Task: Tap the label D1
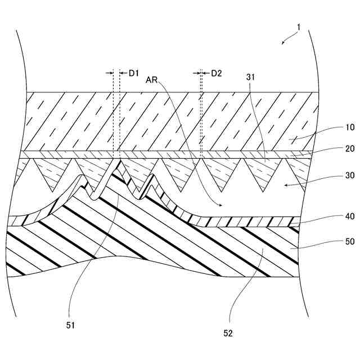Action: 134,73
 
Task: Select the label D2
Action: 217,73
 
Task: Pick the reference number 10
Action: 334,128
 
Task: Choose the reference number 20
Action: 334,149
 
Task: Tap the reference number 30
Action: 334,175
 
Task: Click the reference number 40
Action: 334,215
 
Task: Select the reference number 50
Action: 334,241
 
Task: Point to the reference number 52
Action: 227,334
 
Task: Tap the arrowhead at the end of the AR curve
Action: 219,205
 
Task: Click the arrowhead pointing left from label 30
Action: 286,183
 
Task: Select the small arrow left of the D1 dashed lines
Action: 110,73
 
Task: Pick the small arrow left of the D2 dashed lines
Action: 197,73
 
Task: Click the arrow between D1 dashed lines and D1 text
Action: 123,73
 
